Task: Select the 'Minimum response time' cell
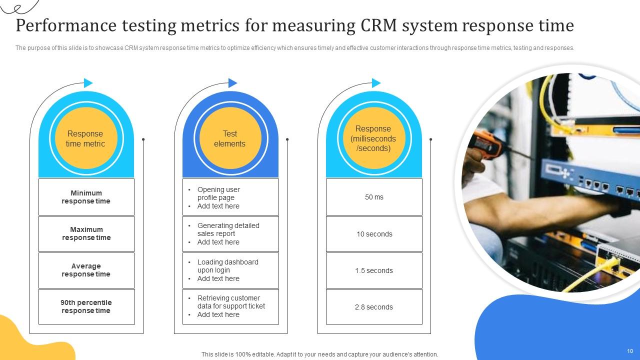click(x=86, y=197)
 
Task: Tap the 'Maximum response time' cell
click(x=86, y=233)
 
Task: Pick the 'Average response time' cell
click(x=86, y=270)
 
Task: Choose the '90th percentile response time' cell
click(x=86, y=306)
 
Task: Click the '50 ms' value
click(x=374, y=197)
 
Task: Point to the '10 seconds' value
click(x=374, y=234)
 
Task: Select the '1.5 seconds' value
click(x=374, y=270)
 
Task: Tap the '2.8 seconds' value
click(x=374, y=307)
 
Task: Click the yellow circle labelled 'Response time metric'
click(x=85, y=138)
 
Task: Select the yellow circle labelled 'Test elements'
click(x=230, y=138)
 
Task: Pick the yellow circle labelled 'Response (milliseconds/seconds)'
click(x=373, y=138)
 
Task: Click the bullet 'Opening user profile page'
click(x=218, y=193)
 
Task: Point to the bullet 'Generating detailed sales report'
click(x=228, y=229)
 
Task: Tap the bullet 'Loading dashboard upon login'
click(x=227, y=266)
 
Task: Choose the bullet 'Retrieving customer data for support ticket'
click(x=231, y=302)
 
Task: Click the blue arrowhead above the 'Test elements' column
click(x=232, y=83)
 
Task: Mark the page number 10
click(x=630, y=351)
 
